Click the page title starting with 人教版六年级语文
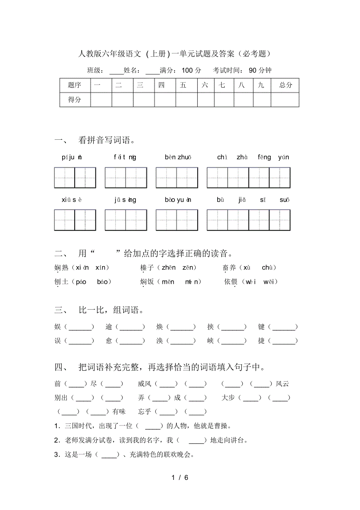[174, 54]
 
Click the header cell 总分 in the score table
[286, 85]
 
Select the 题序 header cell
[74, 85]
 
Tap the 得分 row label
[74, 99]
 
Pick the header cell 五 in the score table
[183, 85]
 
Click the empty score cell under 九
[261, 99]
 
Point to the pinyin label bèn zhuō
[178, 157]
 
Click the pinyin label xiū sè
[72, 200]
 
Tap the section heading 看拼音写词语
[106, 141]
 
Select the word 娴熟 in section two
[61, 268]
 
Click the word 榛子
[148, 268]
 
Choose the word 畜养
[230, 268]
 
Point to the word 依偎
[231, 282]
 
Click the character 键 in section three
[261, 327]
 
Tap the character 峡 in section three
[211, 341]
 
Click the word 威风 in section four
[145, 384]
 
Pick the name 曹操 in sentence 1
[226, 426]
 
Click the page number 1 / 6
[180, 478]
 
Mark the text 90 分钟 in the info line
[260, 70]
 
